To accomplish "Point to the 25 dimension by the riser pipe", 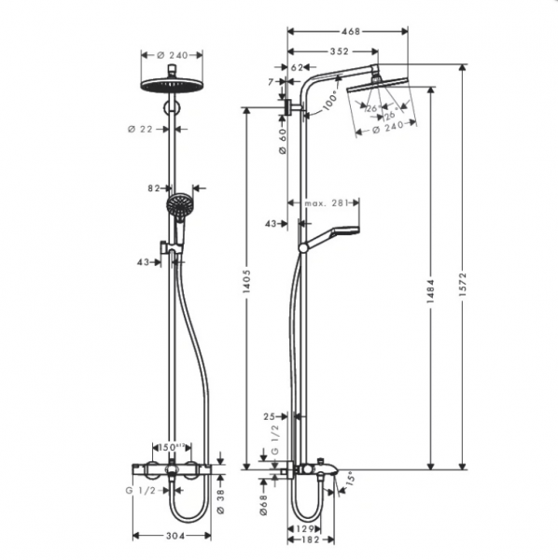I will click(x=269, y=417).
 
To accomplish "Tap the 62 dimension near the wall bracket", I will click(x=298, y=67).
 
